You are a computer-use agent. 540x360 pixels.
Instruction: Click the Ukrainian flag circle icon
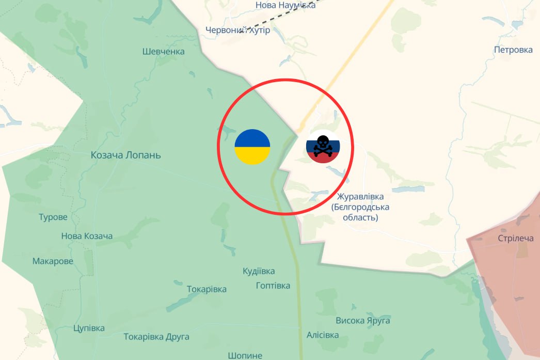pos(252,147)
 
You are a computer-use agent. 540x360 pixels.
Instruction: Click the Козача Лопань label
pos(126,155)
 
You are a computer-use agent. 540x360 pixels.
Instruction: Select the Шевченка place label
pos(163,51)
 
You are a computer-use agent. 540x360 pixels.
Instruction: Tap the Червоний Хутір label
pos(237,30)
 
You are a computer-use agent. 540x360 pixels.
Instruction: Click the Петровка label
pos(513,50)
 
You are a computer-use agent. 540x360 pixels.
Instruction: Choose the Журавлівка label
pos(360,197)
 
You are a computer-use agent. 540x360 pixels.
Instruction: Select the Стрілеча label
pos(516,238)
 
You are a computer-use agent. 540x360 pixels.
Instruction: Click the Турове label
pos(53,217)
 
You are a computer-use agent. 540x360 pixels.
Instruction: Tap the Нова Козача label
pos(87,236)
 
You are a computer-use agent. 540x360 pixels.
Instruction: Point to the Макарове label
pos(53,261)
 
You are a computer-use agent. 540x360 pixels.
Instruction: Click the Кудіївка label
pos(259,271)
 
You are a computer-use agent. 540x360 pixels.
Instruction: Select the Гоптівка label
pos(273,286)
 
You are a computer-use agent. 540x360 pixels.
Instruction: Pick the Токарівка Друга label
pos(156,337)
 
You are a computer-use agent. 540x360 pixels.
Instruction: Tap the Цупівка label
pos(89,328)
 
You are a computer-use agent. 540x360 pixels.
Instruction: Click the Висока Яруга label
pos(363,321)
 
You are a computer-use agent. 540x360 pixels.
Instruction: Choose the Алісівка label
pos(323,335)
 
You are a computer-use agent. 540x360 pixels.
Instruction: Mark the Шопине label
pos(245,355)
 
